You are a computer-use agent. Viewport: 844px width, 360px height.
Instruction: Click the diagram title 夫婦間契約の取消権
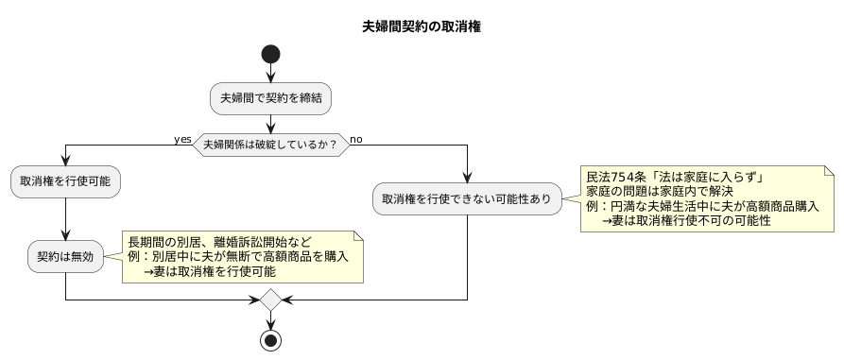(x=422, y=27)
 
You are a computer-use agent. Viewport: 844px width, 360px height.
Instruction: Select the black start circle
(x=270, y=54)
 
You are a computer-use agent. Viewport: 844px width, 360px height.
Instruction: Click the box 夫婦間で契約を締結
(x=270, y=97)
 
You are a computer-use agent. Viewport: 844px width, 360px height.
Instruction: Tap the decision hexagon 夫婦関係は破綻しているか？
(x=270, y=145)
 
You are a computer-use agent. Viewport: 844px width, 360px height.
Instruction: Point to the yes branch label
(x=183, y=139)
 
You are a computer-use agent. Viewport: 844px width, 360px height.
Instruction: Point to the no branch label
(x=356, y=139)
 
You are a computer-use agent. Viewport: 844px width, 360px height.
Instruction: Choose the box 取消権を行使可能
(x=65, y=182)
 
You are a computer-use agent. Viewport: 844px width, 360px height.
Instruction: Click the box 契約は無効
(x=65, y=256)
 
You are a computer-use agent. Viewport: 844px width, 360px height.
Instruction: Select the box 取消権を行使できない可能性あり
(x=467, y=199)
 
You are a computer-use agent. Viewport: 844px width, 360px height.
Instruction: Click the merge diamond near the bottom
(x=270, y=300)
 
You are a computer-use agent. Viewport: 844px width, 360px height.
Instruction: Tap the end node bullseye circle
(x=270, y=339)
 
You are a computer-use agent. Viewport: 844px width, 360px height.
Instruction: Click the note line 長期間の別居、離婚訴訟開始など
(x=219, y=241)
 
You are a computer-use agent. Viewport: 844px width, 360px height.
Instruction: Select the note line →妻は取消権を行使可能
(x=210, y=271)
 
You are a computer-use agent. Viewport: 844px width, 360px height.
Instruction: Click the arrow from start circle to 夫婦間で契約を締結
(x=270, y=75)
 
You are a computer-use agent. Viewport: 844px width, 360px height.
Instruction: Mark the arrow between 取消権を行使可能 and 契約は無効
(x=65, y=219)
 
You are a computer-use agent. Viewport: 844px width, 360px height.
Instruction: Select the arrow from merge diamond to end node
(x=270, y=319)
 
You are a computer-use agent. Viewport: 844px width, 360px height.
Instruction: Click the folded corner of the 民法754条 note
(x=829, y=171)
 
